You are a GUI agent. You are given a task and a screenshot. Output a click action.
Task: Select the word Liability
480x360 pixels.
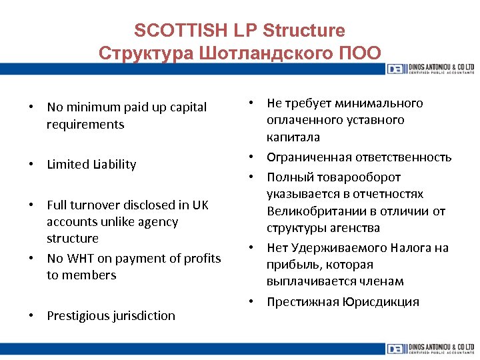[x=111, y=165]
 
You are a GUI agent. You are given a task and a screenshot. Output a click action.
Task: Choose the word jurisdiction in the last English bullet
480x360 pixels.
[x=145, y=316]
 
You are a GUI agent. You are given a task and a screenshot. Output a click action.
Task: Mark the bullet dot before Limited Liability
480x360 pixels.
[x=31, y=165]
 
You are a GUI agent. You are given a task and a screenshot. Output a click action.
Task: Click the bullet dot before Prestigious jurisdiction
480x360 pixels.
[x=31, y=316]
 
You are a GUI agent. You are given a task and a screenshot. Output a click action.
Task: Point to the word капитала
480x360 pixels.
[x=293, y=137]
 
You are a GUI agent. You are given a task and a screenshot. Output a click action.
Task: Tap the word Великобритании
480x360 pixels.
[x=311, y=211]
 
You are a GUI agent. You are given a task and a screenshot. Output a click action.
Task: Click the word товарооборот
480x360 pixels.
[x=360, y=177]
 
